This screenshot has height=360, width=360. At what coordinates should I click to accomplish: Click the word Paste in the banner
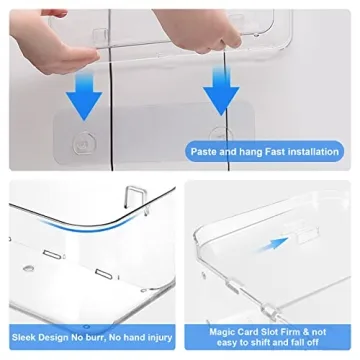[202, 151]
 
